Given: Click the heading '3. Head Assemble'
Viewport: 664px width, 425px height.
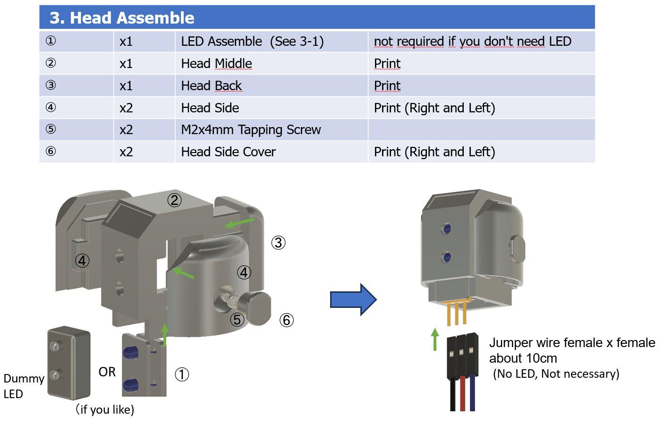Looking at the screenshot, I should click(122, 18).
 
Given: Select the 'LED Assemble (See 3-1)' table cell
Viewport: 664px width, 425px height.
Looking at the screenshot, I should click(252, 42).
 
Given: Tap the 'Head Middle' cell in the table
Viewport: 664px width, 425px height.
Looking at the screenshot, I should click(216, 64).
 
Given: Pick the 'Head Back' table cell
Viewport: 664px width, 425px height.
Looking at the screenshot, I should click(211, 86).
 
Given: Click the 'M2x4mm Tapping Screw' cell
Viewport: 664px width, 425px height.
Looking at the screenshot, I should click(251, 130).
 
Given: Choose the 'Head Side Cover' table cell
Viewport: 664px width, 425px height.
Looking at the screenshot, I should click(228, 152).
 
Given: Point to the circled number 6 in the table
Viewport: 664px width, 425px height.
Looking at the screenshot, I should click(51, 152).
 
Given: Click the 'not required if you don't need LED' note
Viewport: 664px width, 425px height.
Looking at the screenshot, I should click(472, 42).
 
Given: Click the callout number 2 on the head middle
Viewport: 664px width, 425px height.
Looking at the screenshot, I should click(174, 200).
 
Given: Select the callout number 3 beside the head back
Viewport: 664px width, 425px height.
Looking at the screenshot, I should click(278, 243).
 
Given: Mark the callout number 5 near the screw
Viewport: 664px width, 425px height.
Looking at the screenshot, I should click(237, 320).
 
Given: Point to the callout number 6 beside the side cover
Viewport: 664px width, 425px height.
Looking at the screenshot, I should click(286, 320).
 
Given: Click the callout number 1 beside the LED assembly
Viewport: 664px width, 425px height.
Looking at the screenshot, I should click(182, 374).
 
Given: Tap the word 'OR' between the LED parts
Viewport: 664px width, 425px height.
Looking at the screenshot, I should click(107, 372).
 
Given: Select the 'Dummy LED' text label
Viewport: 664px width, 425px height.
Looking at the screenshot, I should click(23, 386).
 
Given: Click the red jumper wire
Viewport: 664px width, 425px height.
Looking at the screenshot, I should click(462, 394).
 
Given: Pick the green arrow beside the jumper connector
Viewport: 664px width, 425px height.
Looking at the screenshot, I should click(435, 340).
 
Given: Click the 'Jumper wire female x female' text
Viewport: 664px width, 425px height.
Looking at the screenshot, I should click(572, 343).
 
